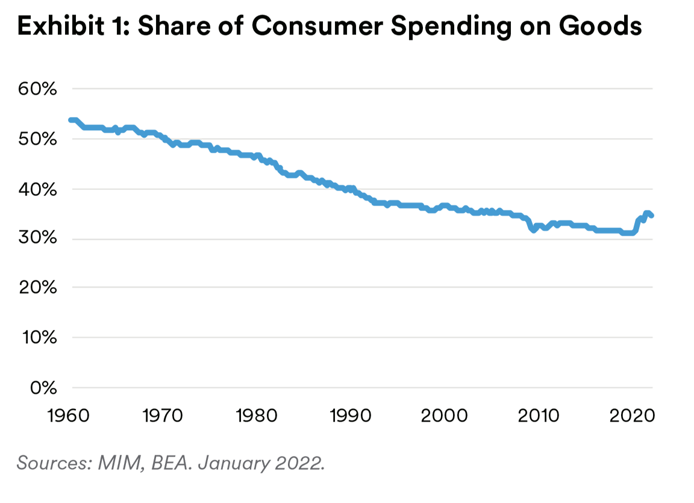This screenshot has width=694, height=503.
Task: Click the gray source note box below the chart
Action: pos(181,446)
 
